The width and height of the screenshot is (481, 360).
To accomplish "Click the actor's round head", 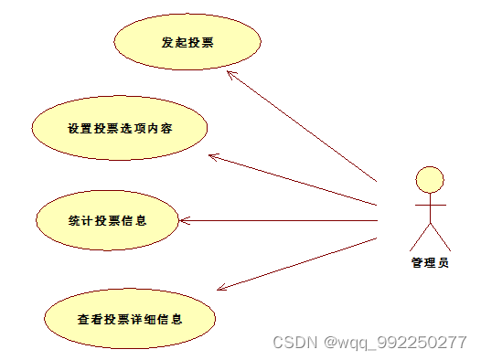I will [x=429, y=179].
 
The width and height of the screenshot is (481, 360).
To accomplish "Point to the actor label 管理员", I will [x=429, y=263].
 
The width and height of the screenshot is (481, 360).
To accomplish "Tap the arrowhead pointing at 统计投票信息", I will [x=183, y=220].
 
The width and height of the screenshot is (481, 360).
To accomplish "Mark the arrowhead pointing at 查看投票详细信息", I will [x=220, y=288].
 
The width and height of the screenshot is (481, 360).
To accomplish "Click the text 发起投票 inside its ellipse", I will [x=187, y=42].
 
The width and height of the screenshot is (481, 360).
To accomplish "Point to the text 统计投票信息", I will [x=107, y=220].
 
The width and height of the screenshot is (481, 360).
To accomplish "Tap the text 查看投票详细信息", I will [x=130, y=320].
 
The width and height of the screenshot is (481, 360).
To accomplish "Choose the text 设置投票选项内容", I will [x=119, y=128].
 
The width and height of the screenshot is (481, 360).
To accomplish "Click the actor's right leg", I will [x=440, y=238].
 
